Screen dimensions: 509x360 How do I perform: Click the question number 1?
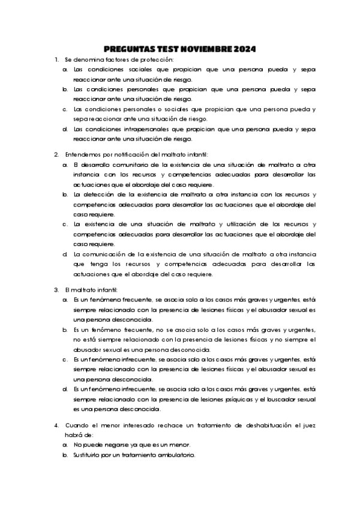click(x=56, y=59)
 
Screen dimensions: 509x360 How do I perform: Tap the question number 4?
click(x=56, y=425)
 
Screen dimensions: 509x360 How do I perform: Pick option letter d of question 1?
click(x=65, y=128)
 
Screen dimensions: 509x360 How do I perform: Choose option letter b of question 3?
click(x=65, y=330)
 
